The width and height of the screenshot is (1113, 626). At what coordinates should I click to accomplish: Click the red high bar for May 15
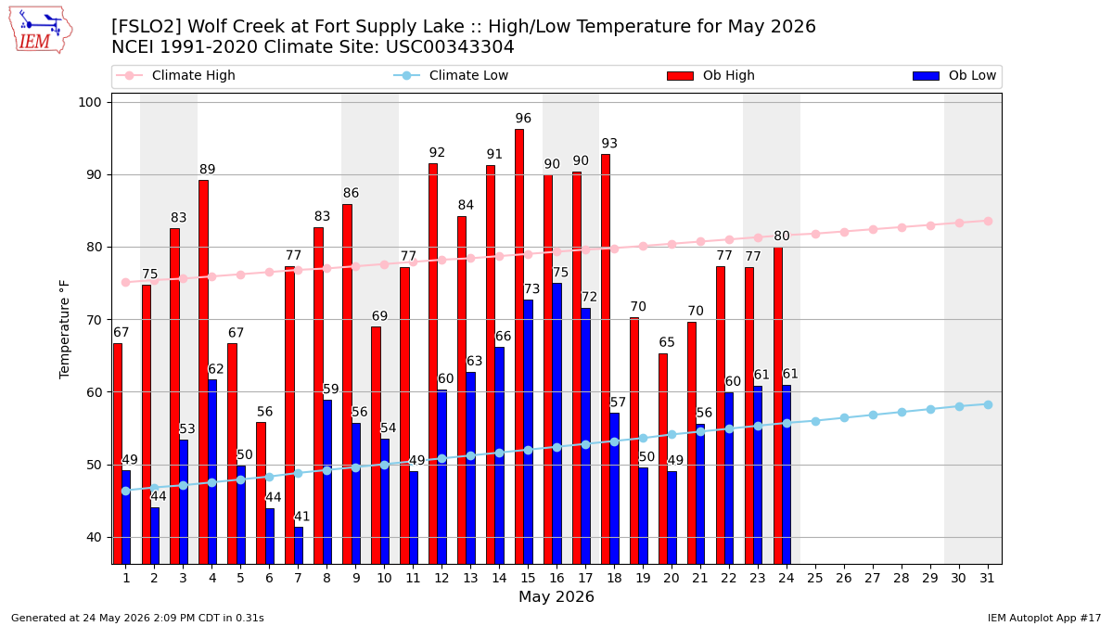click(x=519, y=346)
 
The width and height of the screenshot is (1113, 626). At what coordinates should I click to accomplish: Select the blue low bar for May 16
click(x=557, y=423)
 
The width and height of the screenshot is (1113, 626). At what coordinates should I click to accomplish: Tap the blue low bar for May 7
click(x=299, y=545)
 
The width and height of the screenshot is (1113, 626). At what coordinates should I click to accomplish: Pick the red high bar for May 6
click(x=261, y=492)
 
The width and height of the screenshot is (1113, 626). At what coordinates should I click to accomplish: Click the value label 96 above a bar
click(x=523, y=119)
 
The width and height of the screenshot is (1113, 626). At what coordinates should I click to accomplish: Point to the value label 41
click(x=302, y=517)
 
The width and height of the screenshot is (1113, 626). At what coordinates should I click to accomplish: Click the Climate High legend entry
click(x=175, y=75)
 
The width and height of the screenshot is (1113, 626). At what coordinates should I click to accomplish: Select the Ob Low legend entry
click(x=954, y=75)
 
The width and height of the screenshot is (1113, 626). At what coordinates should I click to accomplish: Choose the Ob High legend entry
click(x=710, y=75)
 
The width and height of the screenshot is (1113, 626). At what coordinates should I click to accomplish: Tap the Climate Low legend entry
click(x=451, y=75)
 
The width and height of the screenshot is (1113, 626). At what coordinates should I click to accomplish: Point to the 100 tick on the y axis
click(x=89, y=102)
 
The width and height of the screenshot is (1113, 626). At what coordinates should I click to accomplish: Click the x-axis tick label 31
click(x=987, y=579)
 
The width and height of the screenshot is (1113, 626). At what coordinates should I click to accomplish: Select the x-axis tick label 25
click(x=815, y=579)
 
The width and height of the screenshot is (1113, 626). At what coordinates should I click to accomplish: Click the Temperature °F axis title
click(x=65, y=329)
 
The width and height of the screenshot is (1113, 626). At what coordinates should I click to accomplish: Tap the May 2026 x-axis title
click(x=556, y=596)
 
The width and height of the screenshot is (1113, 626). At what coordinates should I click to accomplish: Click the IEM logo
click(x=41, y=31)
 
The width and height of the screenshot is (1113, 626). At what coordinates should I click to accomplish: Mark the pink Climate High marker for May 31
click(x=988, y=221)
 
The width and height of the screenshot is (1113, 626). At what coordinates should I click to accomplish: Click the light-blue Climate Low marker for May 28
click(x=902, y=413)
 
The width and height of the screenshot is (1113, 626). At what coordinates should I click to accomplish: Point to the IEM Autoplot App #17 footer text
click(x=1044, y=618)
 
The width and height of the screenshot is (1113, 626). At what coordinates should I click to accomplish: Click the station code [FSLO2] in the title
click(x=147, y=26)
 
